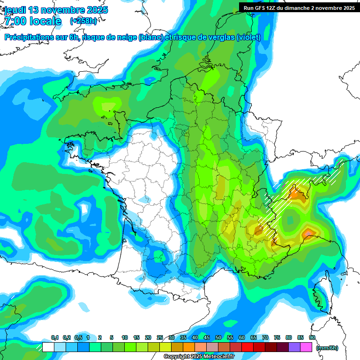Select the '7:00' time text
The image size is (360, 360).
(x=15, y=21)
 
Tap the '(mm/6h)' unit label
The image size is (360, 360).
(x=327, y=348)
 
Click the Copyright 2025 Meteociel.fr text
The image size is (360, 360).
(x=199, y=357)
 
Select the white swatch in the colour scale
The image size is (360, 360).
(x=48, y=347)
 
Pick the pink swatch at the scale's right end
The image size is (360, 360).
(x=306, y=347)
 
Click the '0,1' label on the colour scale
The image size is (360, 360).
(x=54, y=338)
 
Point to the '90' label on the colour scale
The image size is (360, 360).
(x=312, y=338)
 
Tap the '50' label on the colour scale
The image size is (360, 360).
(x=218, y=338)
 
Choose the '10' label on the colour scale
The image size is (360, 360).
(x=125, y=338)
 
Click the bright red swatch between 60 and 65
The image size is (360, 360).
(x=247, y=347)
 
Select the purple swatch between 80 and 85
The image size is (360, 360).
(x=294, y=347)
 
